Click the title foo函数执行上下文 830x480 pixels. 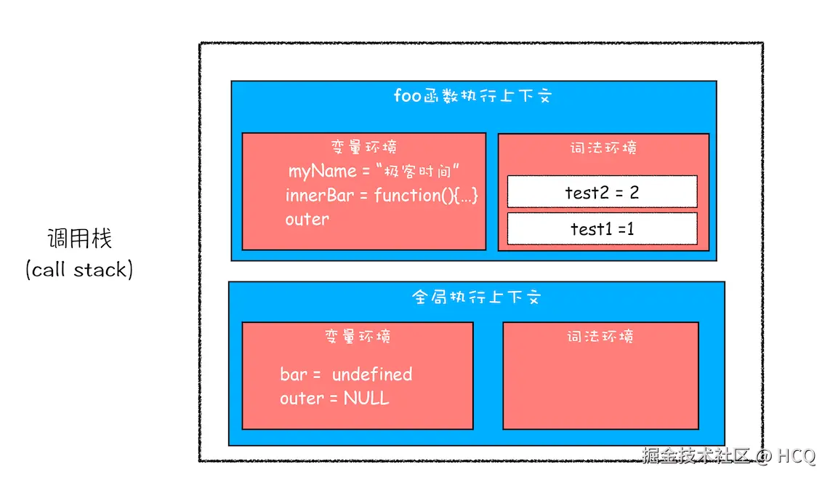click(472, 96)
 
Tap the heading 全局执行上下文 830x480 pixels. click(477, 297)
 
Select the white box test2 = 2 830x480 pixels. click(602, 192)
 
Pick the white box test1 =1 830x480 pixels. click(602, 229)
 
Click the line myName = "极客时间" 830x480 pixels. click(375, 172)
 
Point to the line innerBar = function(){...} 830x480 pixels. click(382, 196)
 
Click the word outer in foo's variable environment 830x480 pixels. click(307, 219)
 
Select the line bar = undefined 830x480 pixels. click(346, 375)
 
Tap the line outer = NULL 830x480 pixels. click(334, 399)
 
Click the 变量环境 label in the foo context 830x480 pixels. click(363, 147)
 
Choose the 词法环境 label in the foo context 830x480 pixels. click(603, 148)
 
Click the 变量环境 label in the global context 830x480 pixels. click(358, 336)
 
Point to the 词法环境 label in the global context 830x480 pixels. click(600, 336)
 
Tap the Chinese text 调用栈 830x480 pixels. click(80, 239)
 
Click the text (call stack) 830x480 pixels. click(80, 270)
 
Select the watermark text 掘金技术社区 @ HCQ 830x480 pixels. click(728, 456)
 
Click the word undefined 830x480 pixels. click(372, 375)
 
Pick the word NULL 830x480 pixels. click(366, 399)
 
